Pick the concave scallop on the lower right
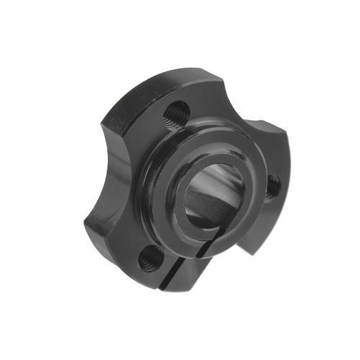[x=248, y=241]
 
